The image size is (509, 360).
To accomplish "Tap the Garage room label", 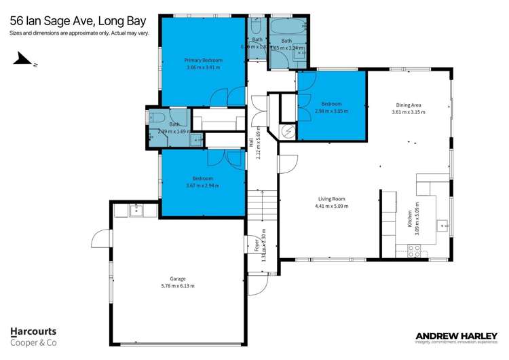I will (177, 278).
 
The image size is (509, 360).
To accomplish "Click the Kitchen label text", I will (410, 218).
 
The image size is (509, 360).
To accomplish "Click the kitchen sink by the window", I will (446, 225).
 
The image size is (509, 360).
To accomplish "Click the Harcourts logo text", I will (33, 332).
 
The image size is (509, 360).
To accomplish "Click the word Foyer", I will (257, 245).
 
